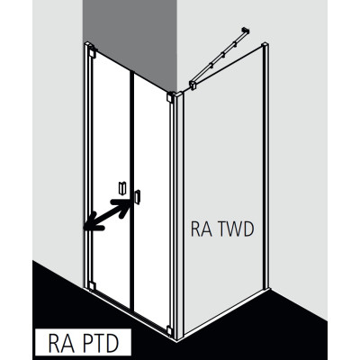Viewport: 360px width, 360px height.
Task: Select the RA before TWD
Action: coord(202,229)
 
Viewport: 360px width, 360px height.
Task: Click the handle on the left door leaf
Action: coord(122,188)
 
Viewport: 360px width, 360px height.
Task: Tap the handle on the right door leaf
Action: coord(138,197)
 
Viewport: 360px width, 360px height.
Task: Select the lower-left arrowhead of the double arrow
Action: coord(94,222)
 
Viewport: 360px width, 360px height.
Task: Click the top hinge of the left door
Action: coord(92,53)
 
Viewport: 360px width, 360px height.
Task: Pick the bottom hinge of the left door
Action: coord(92,286)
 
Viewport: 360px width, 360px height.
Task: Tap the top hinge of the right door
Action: coord(170,98)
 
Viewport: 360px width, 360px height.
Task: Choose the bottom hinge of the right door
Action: coord(169,330)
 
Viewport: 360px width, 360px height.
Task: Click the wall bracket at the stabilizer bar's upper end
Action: coord(246,31)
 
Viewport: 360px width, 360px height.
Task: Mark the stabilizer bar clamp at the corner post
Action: coord(193,85)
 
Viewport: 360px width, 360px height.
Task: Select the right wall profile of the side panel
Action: coord(265,166)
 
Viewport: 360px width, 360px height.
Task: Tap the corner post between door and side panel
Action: coord(178,215)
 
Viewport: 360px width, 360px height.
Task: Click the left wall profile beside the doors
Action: coord(86,166)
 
